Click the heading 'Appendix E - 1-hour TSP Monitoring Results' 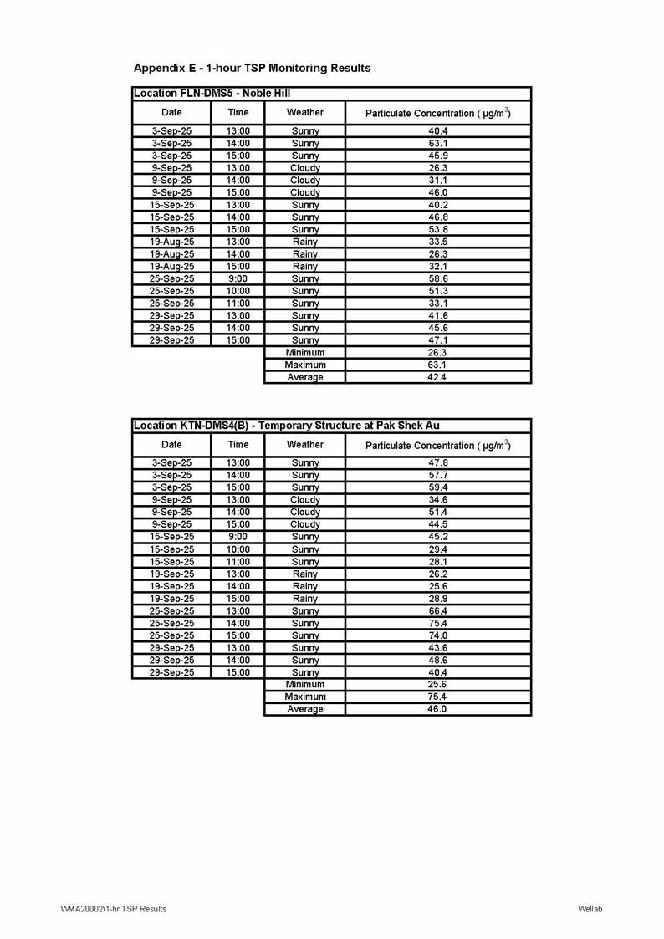(x=252, y=68)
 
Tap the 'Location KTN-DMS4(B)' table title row (x=286, y=426)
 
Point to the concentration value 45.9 (x=438, y=156)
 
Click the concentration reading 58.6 (x=438, y=278)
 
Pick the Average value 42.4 (x=438, y=377)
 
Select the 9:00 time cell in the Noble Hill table (x=238, y=278)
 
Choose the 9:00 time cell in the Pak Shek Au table (x=238, y=537)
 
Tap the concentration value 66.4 (x=438, y=610)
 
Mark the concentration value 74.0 (x=438, y=635)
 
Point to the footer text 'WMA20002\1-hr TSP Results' (x=113, y=909)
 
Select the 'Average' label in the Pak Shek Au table (x=304, y=709)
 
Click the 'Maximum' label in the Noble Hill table (x=304, y=365)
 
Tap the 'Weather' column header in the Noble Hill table (x=304, y=112)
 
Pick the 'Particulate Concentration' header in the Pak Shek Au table (x=438, y=445)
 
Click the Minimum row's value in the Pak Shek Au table (x=438, y=685)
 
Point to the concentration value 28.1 (x=438, y=562)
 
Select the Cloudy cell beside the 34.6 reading (x=304, y=500)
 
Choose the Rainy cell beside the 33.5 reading (x=304, y=242)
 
